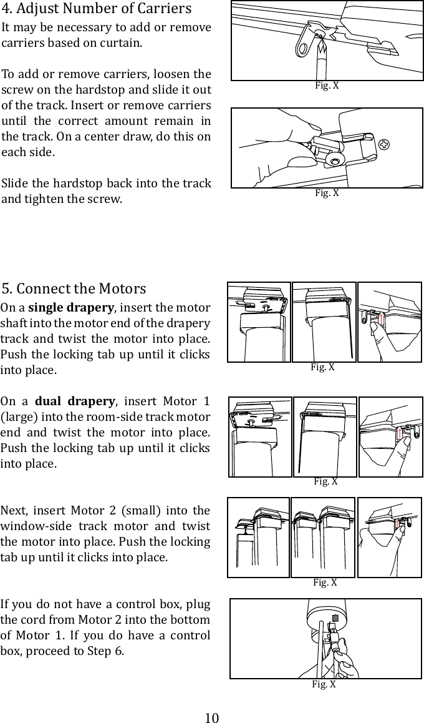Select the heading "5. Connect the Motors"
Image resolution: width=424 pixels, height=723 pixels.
[x=74, y=289]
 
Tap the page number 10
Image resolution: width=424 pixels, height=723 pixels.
[x=212, y=717]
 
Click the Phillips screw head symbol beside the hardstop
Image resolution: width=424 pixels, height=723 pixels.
[x=386, y=145]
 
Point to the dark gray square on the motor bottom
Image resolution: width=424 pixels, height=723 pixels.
[x=335, y=617]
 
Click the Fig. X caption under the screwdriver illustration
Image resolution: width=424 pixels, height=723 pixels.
[x=327, y=86]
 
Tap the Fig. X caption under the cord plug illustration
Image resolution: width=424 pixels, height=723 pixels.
[x=324, y=684]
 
